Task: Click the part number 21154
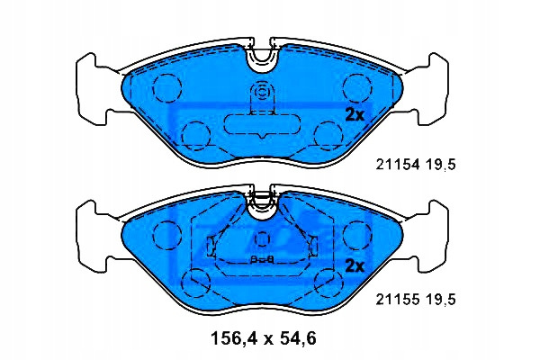click(398, 165)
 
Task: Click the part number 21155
click(398, 300)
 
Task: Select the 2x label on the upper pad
click(355, 115)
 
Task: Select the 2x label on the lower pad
click(355, 266)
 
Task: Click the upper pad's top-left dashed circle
click(167, 88)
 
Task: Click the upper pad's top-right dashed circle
click(357, 88)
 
